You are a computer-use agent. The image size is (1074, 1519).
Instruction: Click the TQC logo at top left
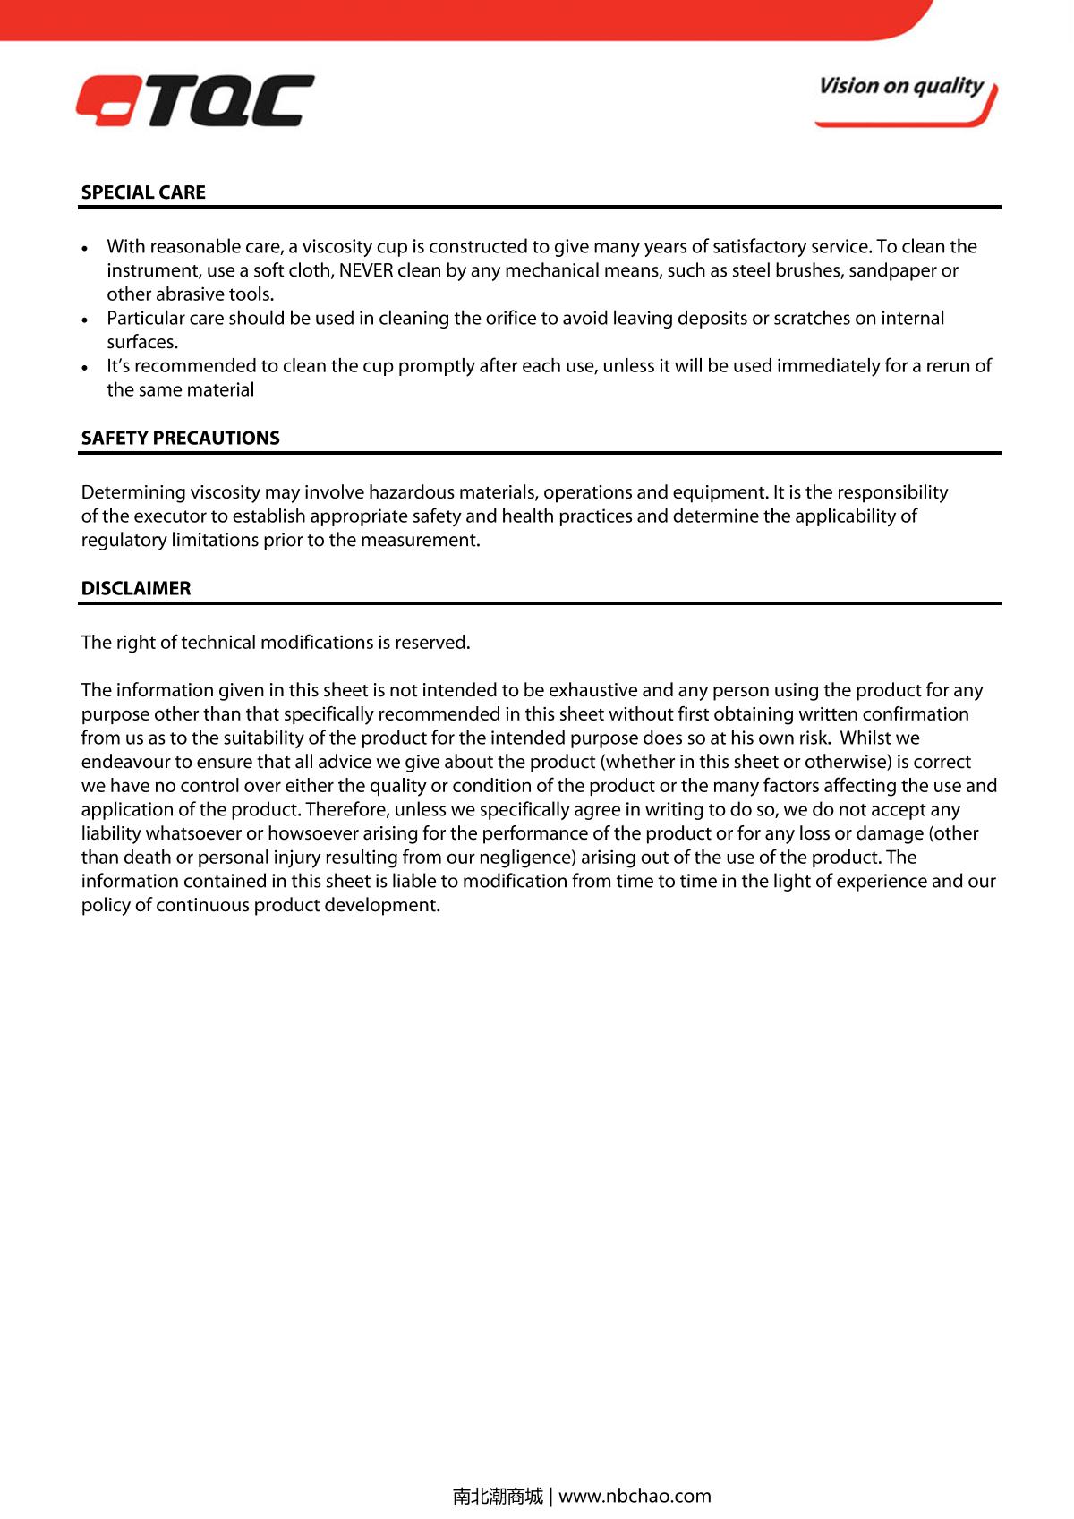(x=195, y=100)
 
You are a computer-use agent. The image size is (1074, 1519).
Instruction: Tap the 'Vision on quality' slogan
(x=900, y=87)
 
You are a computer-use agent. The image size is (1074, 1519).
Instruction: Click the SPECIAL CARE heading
(x=143, y=192)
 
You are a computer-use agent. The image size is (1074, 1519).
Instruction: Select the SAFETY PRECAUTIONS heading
(x=180, y=438)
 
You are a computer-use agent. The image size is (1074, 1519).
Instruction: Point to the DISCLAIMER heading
(x=136, y=588)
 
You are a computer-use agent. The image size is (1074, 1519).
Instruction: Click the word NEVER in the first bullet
(x=365, y=270)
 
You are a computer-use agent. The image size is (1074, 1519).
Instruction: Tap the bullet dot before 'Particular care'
(x=85, y=320)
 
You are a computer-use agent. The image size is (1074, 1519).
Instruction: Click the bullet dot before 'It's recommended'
(x=85, y=367)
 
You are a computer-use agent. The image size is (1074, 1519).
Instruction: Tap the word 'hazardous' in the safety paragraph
(x=407, y=492)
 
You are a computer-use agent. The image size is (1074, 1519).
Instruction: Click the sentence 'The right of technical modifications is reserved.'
(x=276, y=643)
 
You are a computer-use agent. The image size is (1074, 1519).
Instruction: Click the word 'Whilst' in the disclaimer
(x=867, y=738)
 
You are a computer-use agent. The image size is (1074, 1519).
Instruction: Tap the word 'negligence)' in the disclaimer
(x=527, y=857)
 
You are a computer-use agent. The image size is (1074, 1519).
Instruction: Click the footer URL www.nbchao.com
(x=635, y=1496)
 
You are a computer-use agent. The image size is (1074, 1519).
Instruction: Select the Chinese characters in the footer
(x=498, y=1496)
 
